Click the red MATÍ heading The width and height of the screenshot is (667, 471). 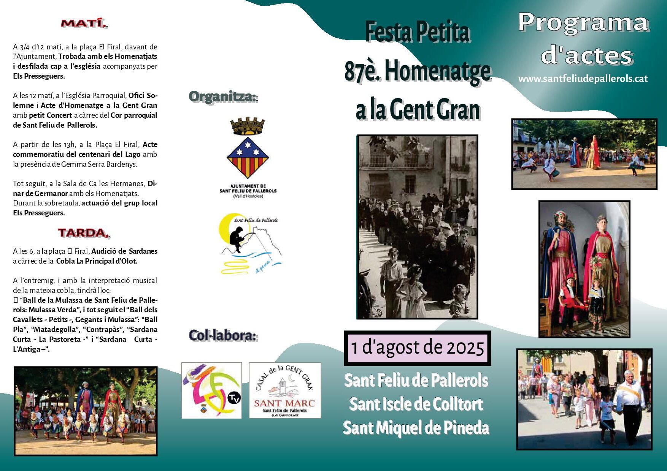[84, 23]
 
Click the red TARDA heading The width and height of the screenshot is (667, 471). [84, 233]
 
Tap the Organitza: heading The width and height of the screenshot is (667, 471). [224, 97]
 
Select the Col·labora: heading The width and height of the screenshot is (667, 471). [224, 335]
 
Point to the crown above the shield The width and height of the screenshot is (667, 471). [248, 126]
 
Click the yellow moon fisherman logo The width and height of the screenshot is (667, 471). [250, 243]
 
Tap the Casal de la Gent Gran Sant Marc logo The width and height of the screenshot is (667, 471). [285, 390]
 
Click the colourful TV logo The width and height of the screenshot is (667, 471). [211, 390]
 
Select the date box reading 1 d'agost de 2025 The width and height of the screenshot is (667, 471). [418, 348]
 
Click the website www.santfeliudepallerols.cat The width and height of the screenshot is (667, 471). [583, 79]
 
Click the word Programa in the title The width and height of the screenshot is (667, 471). [583, 23]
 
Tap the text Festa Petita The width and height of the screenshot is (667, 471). [418, 32]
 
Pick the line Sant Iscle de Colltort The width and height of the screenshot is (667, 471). [416, 404]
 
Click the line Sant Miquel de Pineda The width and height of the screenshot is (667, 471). [416, 428]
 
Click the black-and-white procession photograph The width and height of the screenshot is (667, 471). [417, 227]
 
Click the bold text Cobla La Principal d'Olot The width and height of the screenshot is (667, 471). [97, 261]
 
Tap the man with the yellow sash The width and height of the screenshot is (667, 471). [629, 406]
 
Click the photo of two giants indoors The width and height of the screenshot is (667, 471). [584, 269]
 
